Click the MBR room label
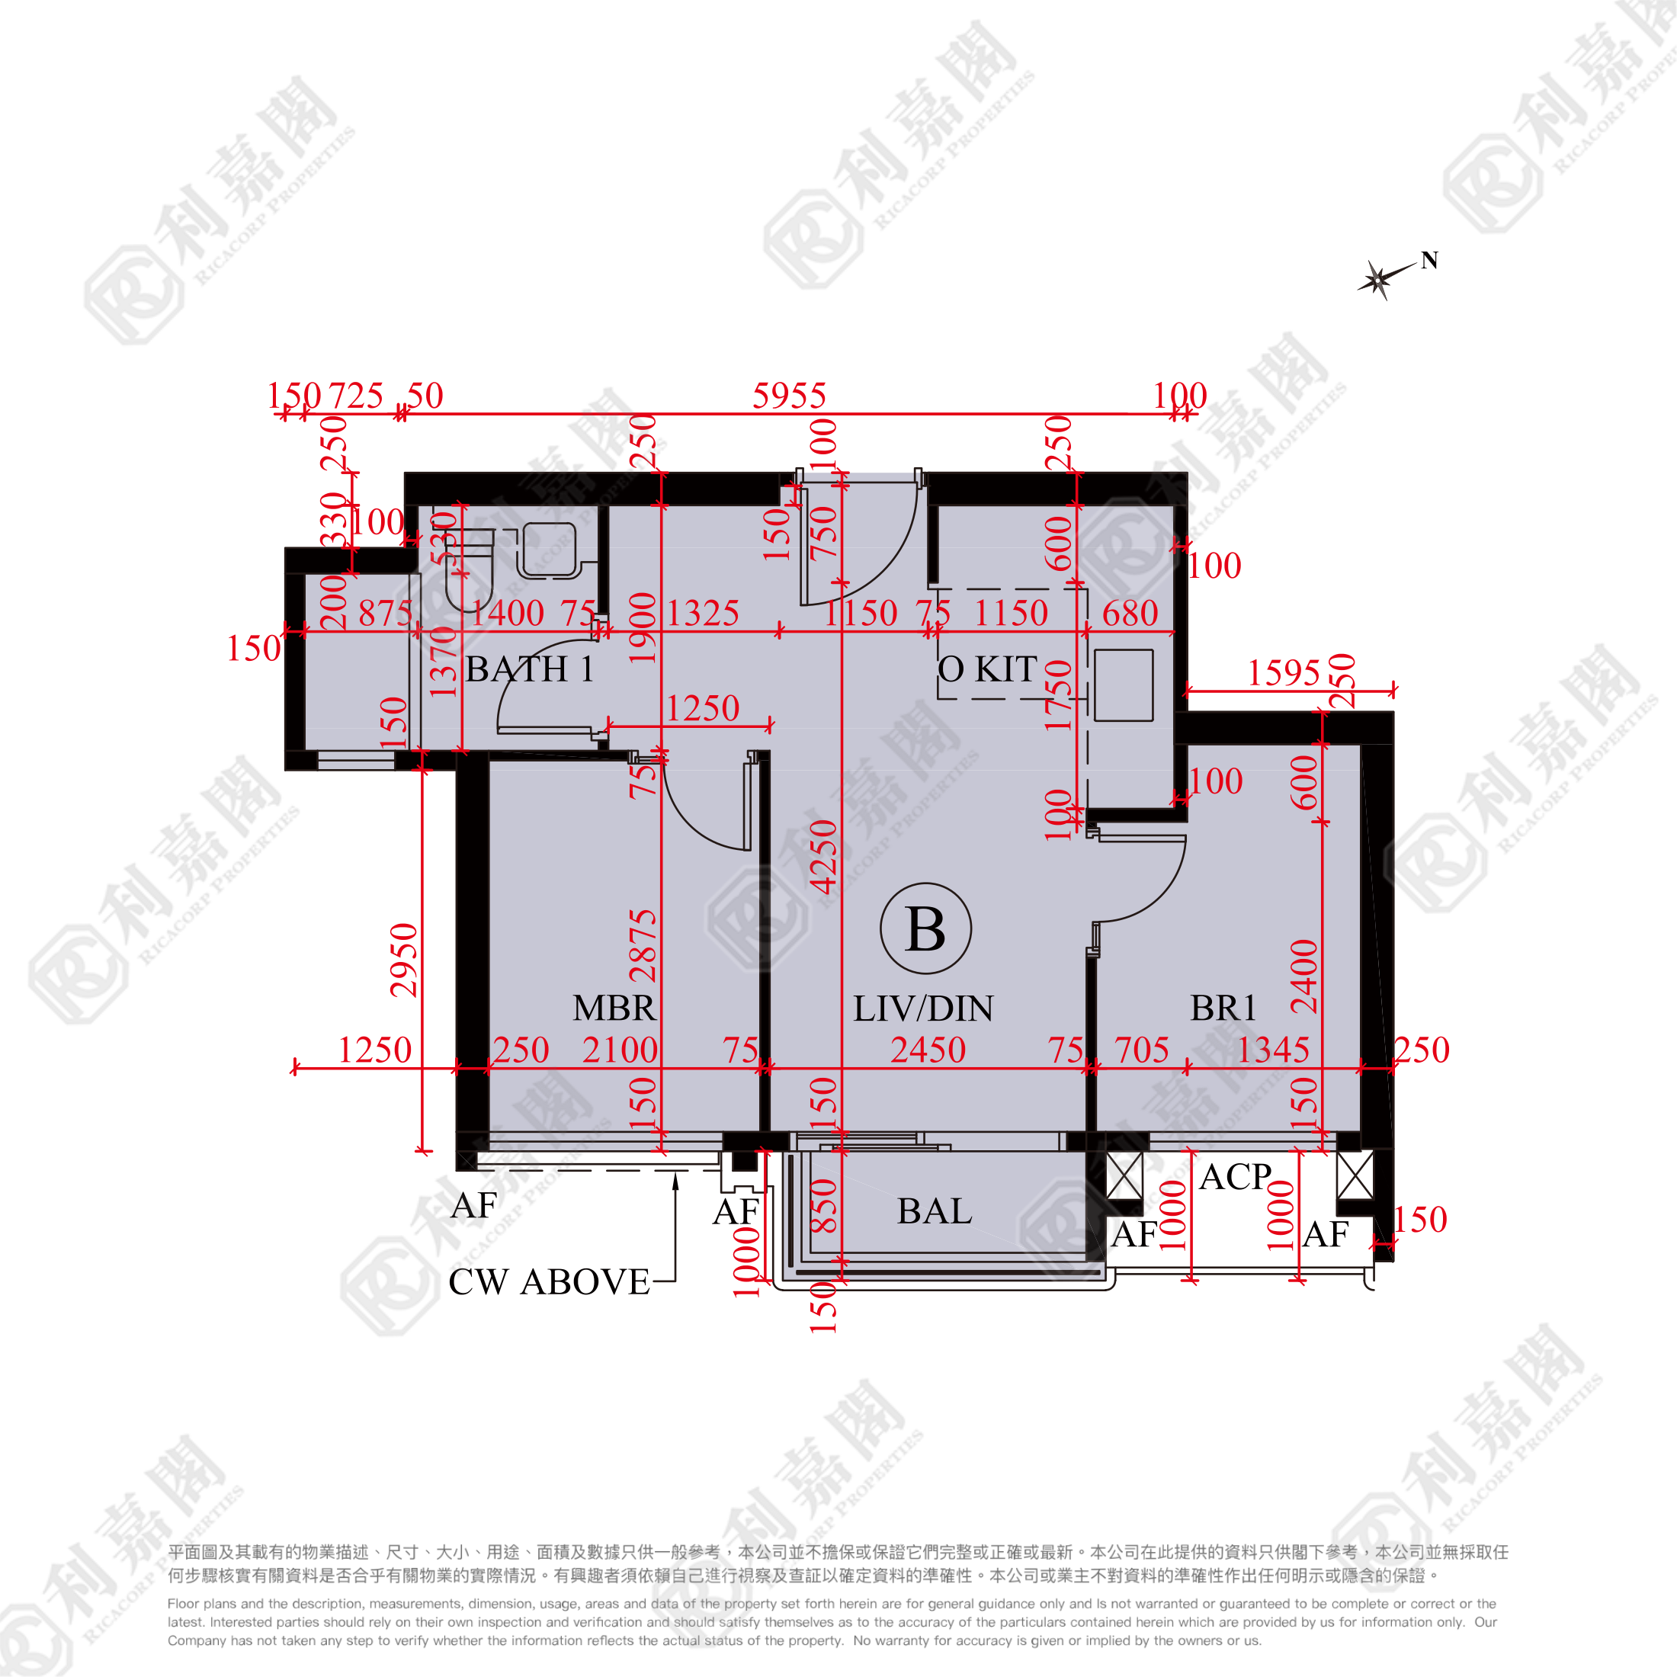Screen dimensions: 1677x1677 614,1008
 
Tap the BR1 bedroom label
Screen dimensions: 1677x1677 1223,1008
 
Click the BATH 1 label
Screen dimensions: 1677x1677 530,669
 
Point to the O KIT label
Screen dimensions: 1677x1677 988,669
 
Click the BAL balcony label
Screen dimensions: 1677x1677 934,1212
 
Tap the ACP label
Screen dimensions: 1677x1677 1235,1178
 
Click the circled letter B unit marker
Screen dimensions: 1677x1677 925,928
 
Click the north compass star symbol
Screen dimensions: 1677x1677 1377,280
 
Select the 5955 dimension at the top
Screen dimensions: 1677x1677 789,396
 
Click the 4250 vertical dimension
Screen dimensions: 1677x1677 824,857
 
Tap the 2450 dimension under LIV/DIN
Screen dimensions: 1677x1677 928,1050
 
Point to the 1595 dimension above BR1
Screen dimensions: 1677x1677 1283,674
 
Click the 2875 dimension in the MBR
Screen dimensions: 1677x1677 643,946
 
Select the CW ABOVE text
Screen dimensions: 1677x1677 549,1282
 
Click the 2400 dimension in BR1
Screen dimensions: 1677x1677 1304,976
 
